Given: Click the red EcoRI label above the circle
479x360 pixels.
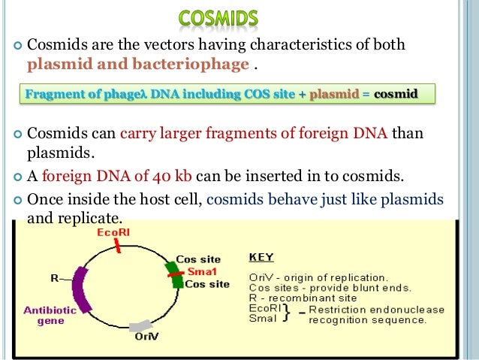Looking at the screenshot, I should click(113, 233).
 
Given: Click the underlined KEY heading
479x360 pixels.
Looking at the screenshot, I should click(261, 257).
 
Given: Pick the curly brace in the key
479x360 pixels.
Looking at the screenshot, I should click(289, 314).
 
